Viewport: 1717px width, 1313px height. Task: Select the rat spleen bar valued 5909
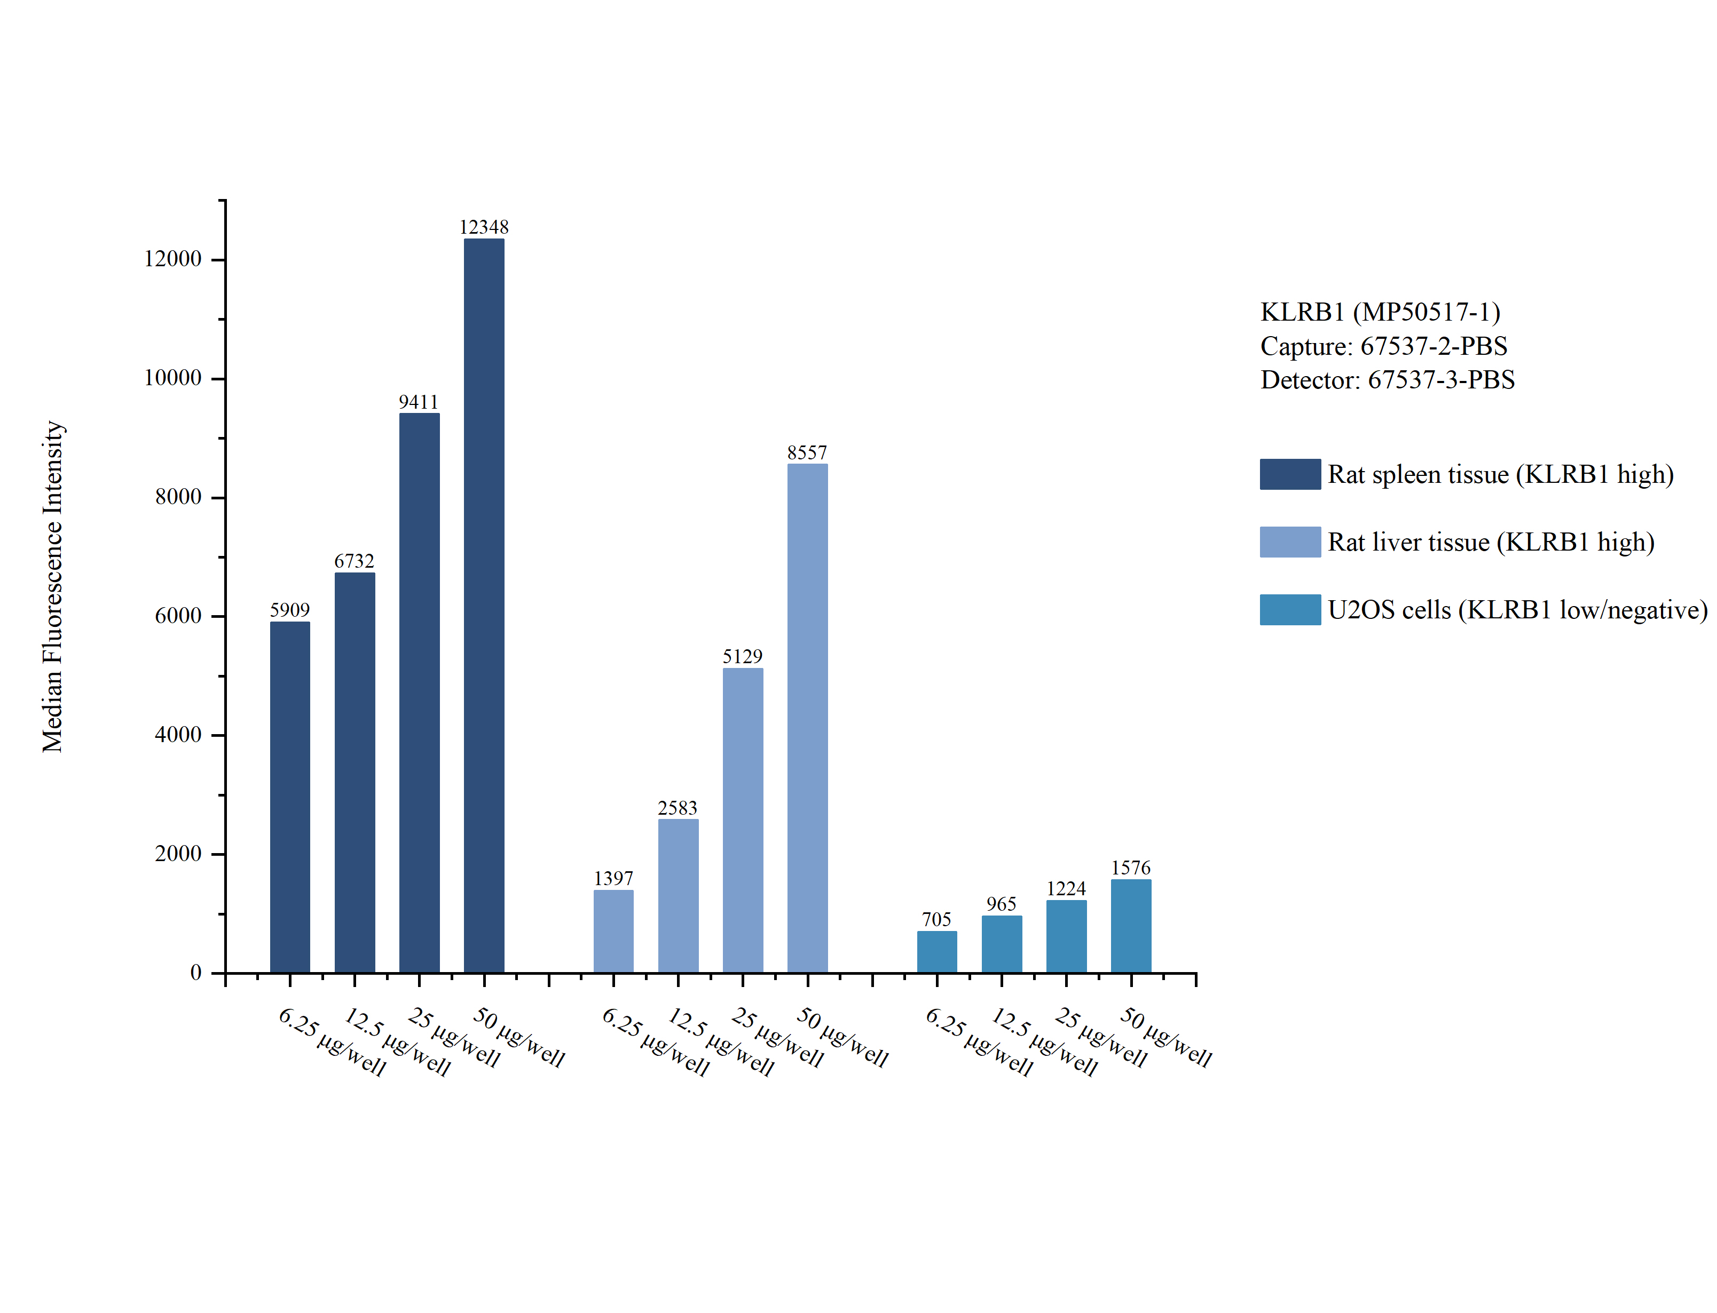pos(289,797)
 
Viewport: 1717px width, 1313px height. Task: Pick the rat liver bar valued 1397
pos(613,931)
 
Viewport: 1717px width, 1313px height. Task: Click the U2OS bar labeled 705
pos(936,952)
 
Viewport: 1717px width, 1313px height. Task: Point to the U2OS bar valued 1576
pos(1131,926)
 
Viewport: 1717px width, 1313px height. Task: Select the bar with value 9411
pos(419,693)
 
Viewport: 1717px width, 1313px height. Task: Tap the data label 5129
pos(742,656)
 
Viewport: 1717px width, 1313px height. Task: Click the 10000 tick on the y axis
pos(173,378)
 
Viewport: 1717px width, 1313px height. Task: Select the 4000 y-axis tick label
pos(178,735)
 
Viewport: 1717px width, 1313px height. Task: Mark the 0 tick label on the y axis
pos(195,973)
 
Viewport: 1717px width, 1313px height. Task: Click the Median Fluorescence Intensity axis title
pos(52,586)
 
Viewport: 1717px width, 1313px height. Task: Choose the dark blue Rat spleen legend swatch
pos(1289,474)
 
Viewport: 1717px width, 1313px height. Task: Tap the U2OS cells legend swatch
pos(1289,610)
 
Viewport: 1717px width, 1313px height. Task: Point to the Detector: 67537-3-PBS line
pos(1387,380)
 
